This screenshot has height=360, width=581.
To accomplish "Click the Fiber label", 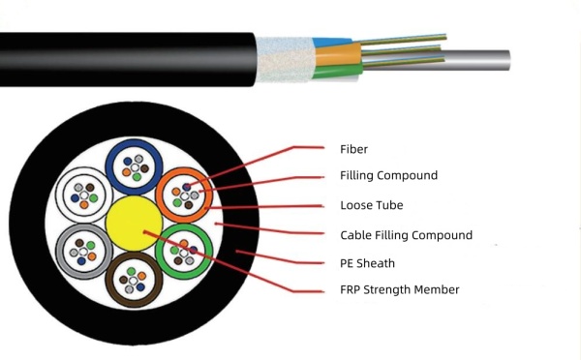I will (x=353, y=149).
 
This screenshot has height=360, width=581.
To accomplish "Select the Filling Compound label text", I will (x=388, y=176).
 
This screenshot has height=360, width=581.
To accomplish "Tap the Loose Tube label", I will (x=371, y=205).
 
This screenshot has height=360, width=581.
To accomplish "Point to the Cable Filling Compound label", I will (x=406, y=235).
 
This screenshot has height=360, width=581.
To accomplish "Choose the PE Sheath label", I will (x=367, y=262).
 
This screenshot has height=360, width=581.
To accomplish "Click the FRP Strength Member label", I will (x=399, y=289).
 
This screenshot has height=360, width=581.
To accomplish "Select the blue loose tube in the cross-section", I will (x=134, y=167).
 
